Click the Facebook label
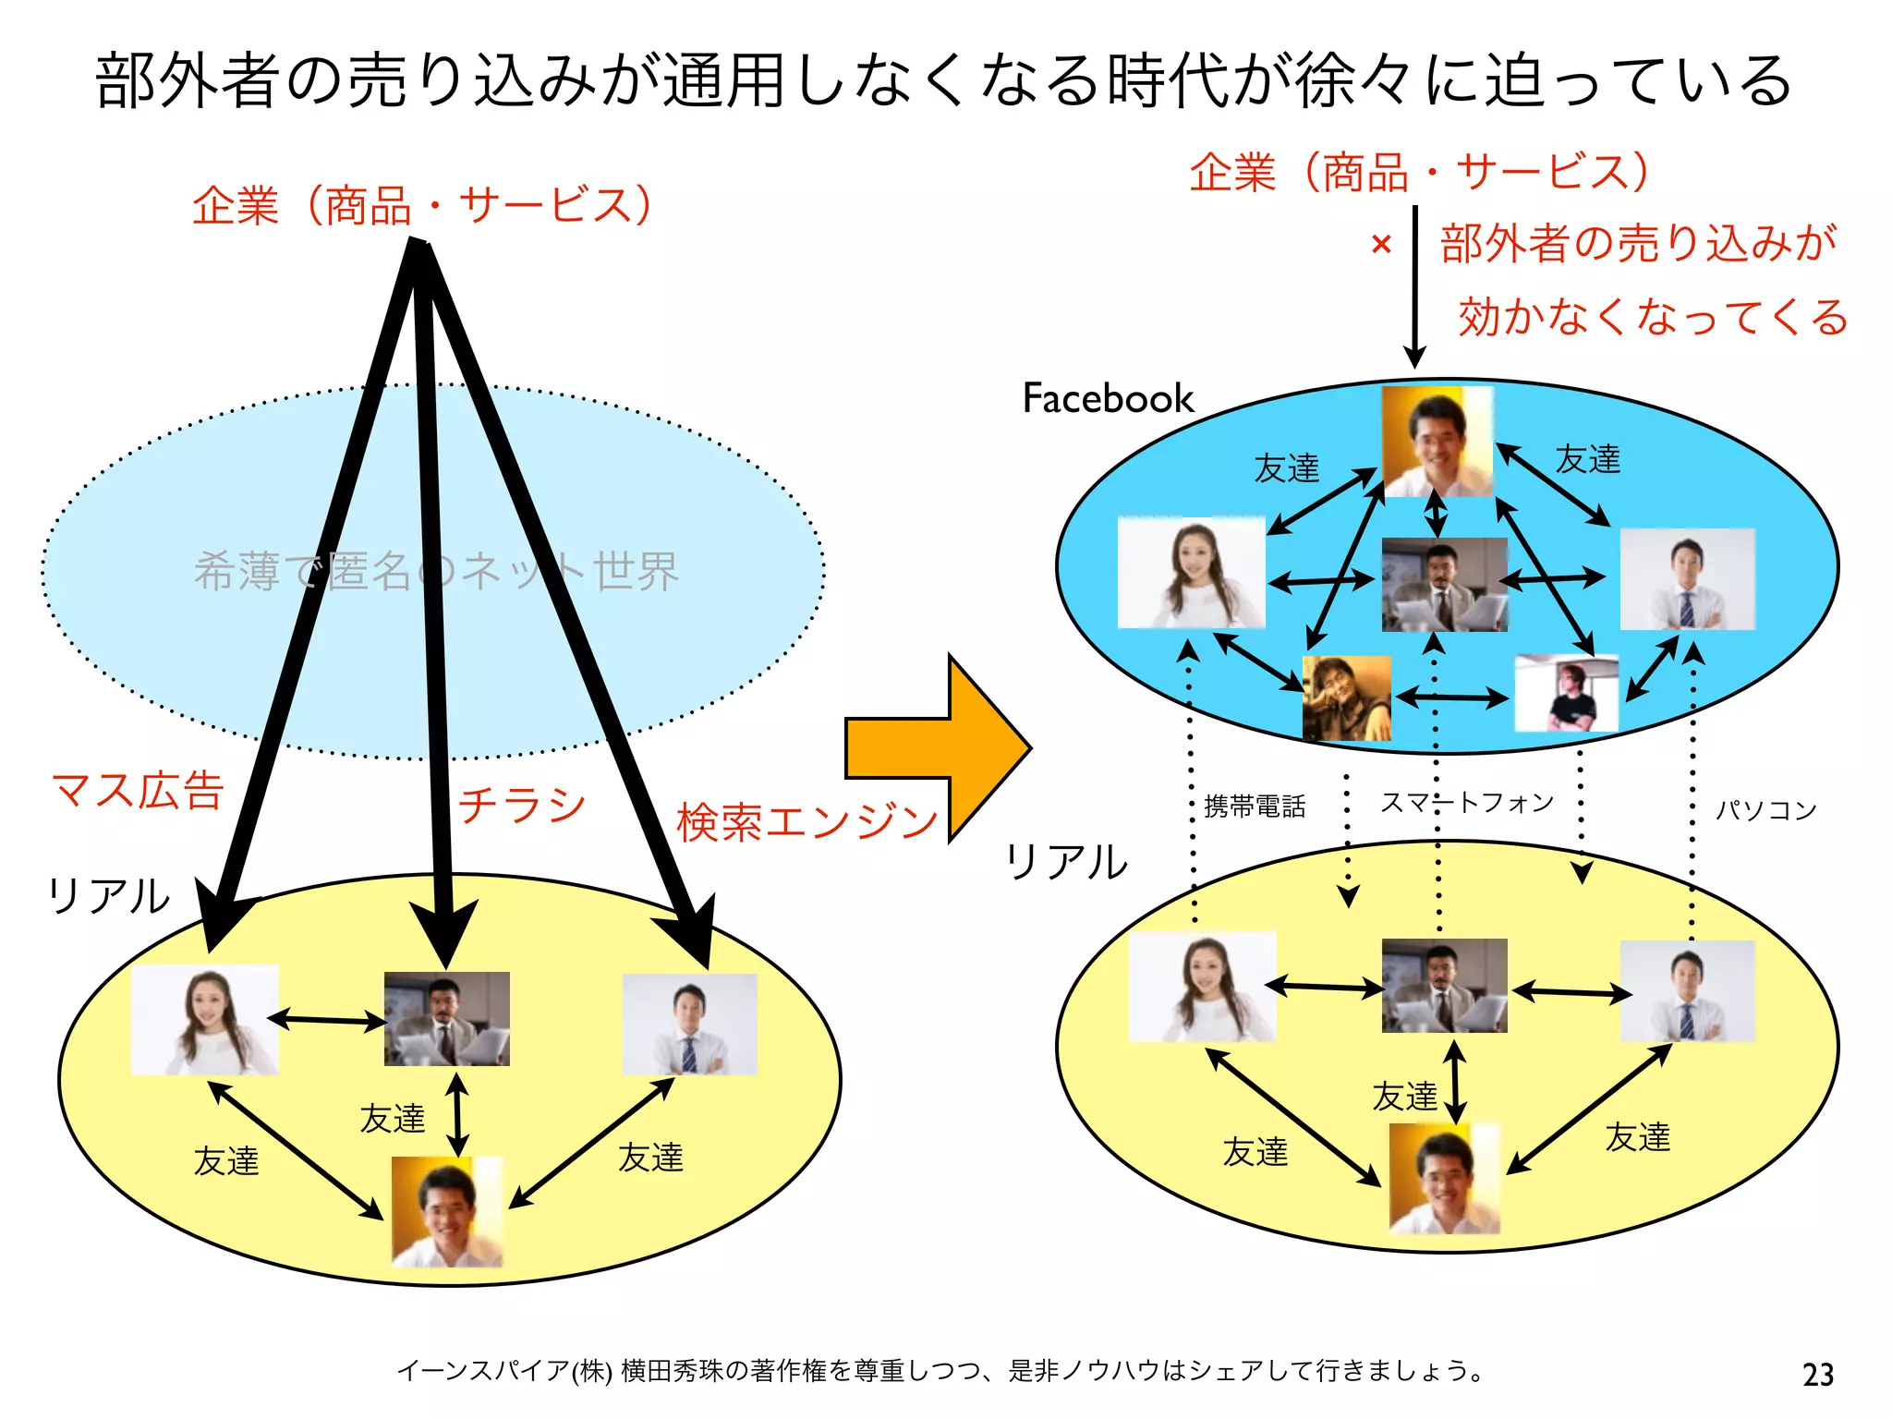tap(1108, 398)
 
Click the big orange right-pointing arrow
tap(933, 748)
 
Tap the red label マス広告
tap(139, 791)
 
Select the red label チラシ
tap(523, 805)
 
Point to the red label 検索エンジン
tap(807, 822)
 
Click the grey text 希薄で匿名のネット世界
tap(436, 571)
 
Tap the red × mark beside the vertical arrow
tap(1381, 245)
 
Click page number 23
tap(1817, 1375)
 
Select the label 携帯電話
tap(1255, 807)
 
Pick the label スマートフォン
tap(1467, 802)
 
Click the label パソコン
tap(1765, 810)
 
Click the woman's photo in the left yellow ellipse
tap(205, 1020)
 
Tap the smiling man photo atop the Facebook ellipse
tap(1437, 441)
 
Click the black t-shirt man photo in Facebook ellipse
tap(1567, 693)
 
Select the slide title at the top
tap(942, 80)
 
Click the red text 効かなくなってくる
tap(1652, 317)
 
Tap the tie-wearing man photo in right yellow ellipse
tap(1687, 991)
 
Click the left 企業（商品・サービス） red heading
tap(423, 205)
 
